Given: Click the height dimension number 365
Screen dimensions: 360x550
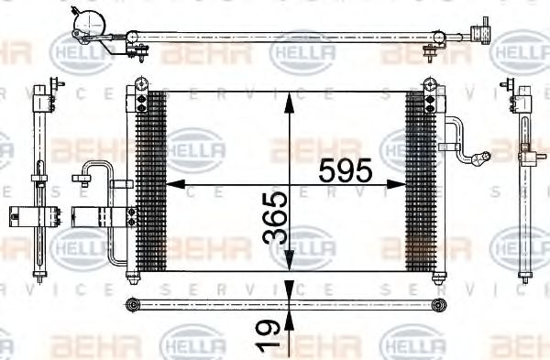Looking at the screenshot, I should (276, 218).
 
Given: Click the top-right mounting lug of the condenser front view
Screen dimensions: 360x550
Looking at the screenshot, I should (428, 86).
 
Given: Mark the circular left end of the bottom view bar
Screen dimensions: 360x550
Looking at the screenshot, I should (134, 304).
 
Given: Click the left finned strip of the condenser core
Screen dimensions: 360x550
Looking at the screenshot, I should (150, 179).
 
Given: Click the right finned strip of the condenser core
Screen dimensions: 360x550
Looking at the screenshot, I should (419, 179).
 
